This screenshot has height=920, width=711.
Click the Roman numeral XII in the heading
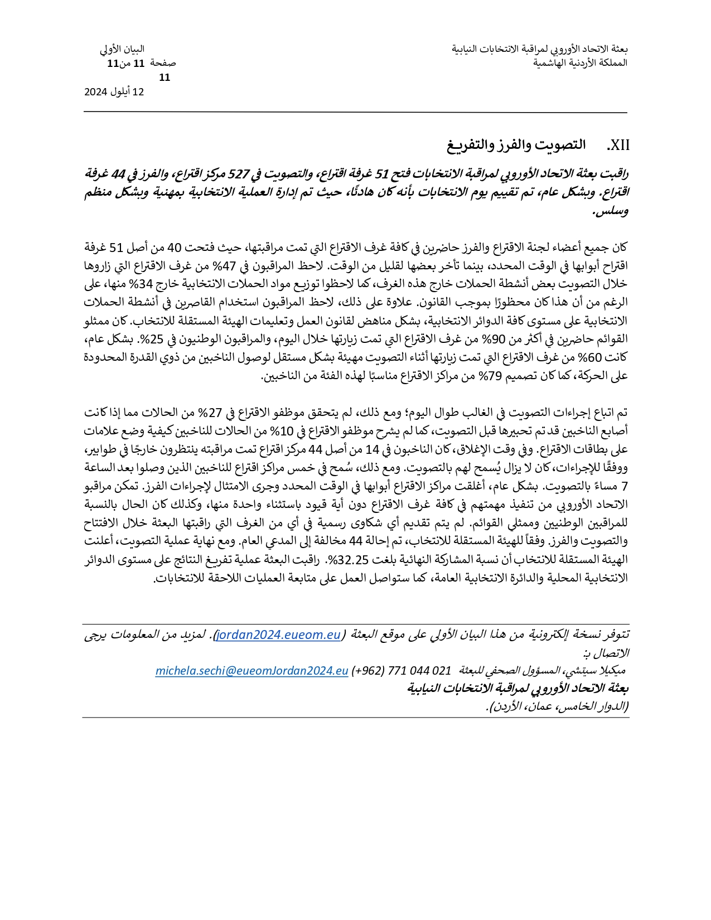618,146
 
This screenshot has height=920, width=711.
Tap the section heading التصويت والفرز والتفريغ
516,145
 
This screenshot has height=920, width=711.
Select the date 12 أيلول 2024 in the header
114,92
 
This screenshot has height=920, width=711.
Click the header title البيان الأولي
122,49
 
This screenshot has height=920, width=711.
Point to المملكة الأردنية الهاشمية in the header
580,63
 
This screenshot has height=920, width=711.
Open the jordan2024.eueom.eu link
278,635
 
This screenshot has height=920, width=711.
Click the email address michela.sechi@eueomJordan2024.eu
251,671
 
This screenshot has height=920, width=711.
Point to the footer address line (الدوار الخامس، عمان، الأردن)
557,706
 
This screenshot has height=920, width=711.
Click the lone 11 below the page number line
164,78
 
